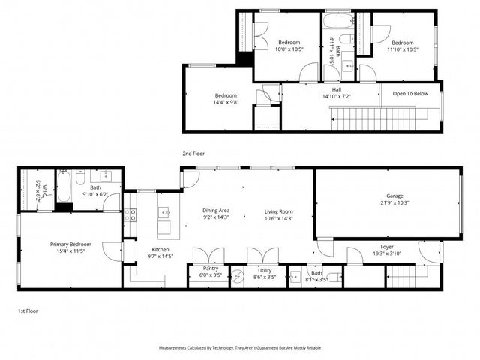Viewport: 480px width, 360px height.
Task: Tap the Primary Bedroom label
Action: pos(71,244)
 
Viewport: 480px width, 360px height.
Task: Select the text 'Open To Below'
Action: pos(410,94)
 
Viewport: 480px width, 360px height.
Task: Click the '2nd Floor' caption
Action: pos(193,153)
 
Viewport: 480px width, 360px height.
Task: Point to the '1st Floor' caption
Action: pos(28,310)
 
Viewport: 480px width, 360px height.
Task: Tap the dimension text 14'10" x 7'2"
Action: pos(337,96)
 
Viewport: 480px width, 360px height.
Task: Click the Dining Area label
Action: pos(216,211)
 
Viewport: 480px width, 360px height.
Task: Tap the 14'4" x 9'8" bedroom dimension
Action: pos(226,102)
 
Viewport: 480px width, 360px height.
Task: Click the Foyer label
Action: pos(387,246)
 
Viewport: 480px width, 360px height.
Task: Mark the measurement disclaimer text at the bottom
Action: pos(240,348)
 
